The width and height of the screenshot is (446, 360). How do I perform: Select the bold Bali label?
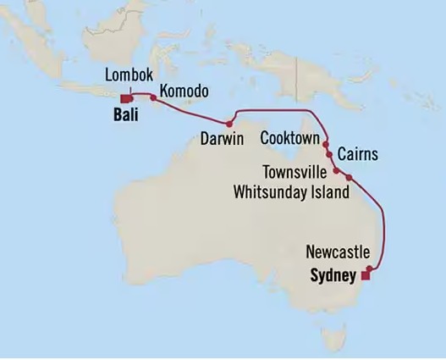coord(124,110)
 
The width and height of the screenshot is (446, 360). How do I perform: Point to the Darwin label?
coord(223,137)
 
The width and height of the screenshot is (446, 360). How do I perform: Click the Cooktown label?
coord(289,137)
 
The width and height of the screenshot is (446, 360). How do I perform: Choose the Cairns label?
coord(357,155)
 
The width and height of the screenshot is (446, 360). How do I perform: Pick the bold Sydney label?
coord(333,274)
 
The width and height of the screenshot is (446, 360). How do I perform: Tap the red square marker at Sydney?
coord(366,274)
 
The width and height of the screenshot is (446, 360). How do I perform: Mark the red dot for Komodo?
coord(153,97)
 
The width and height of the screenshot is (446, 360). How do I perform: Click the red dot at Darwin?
coord(229,124)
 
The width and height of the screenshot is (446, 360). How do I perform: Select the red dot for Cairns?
coord(328,156)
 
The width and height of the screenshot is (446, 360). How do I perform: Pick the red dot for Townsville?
coord(336,169)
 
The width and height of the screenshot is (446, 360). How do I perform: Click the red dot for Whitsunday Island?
coord(348,176)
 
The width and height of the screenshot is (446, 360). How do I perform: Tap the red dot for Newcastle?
coord(371,263)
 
